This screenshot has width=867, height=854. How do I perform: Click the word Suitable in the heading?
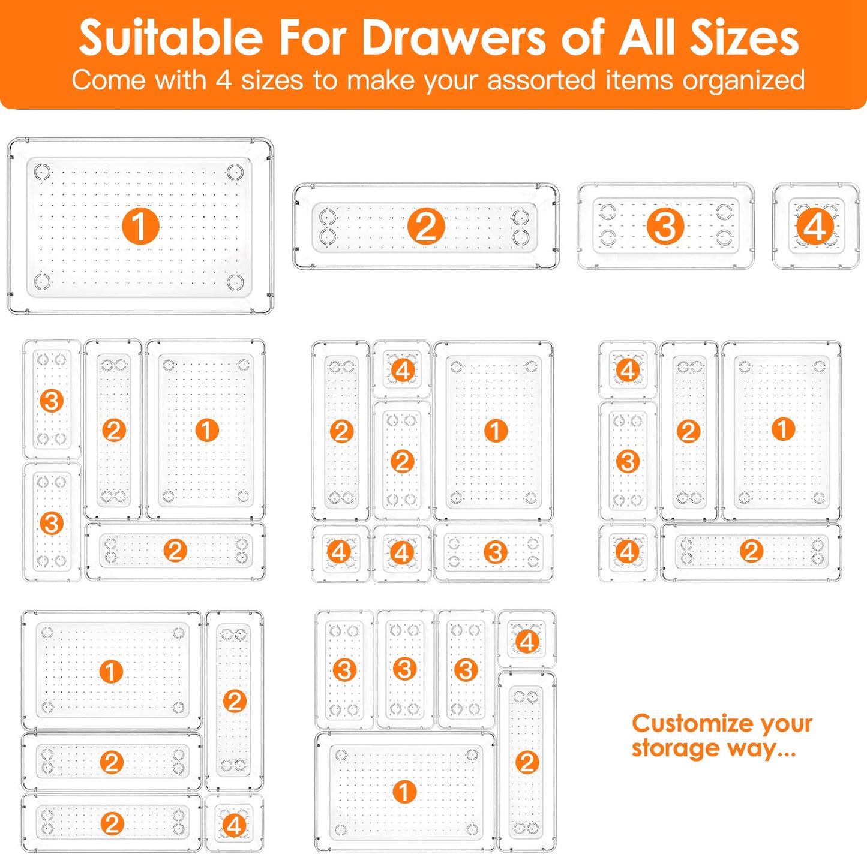pos(171,37)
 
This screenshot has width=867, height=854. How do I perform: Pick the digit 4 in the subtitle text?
pos(224,80)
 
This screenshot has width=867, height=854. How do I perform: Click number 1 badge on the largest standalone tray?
pos(140,227)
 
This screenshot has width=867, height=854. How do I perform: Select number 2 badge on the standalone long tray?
pos(426,227)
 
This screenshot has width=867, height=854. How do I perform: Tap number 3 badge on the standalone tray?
pos(665,227)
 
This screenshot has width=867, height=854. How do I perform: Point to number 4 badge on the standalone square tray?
pos(815,227)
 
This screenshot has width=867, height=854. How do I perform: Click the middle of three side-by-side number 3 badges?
pos(405,669)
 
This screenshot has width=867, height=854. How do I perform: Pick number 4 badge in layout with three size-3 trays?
pos(527,642)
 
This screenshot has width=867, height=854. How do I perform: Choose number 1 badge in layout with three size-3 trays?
pos(404,792)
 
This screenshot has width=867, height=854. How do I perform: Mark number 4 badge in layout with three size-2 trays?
pos(234,825)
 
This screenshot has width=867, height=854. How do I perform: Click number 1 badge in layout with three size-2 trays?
pos(111,672)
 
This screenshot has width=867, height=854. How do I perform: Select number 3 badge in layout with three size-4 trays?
pos(495,552)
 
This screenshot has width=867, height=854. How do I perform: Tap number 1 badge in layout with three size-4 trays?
pos(496,431)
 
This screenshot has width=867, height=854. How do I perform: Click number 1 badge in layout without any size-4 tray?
pos(207,430)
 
